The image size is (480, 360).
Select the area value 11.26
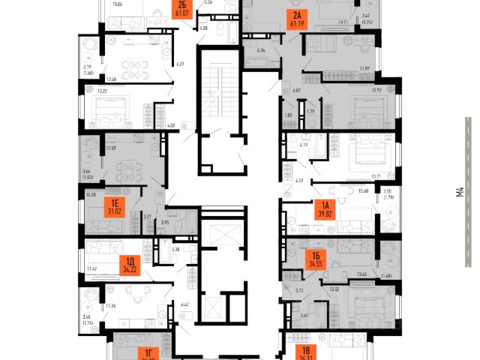[94, 306]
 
